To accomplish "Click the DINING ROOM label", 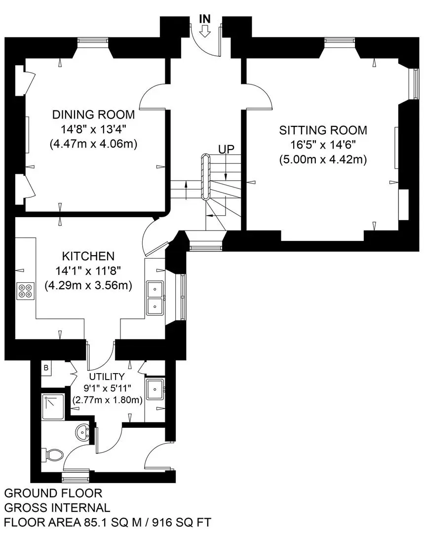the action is pos(93,114).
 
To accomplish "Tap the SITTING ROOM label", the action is pos(323,130).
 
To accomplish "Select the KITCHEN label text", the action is pos(88,256).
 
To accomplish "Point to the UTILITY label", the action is pos(107,377).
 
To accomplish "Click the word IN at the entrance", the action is pos(205,19).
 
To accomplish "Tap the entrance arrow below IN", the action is pos(205,32).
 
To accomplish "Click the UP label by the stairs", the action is pos(227,149).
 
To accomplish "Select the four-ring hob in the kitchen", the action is pos(26,291).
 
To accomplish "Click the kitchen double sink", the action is pos(154,298).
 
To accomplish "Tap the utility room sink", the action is pos(155,389).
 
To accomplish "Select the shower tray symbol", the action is pos(53,407).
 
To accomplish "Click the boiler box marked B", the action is pos(46,368).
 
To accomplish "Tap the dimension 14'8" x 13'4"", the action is pos(93,129).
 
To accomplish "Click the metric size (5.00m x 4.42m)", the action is pos(323,159).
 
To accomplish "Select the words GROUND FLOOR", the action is pos(53,493).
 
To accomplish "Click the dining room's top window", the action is pos(93,41).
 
